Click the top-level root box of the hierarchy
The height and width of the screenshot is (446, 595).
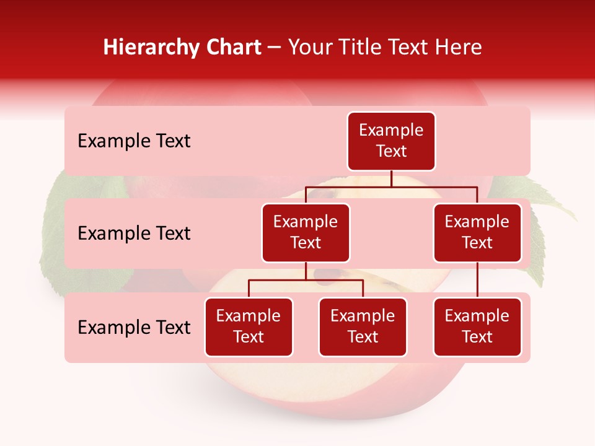coord(391,141)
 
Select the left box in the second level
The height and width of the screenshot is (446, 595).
coord(306,233)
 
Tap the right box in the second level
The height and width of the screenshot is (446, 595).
coord(477,233)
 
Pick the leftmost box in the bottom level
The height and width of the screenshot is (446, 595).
coord(249,327)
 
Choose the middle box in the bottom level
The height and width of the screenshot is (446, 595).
coord(363,327)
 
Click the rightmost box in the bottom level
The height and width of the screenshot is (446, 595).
coord(477,327)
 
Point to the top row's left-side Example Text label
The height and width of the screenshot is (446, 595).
coord(134,141)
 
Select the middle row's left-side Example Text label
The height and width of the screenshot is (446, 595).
coord(134,234)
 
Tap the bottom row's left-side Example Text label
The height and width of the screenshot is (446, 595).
coord(134,328)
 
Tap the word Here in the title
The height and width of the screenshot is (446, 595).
coord(457,47)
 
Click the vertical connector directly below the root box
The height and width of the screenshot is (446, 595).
coord(391,178)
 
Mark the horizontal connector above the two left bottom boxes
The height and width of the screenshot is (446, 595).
coord(306,280)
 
